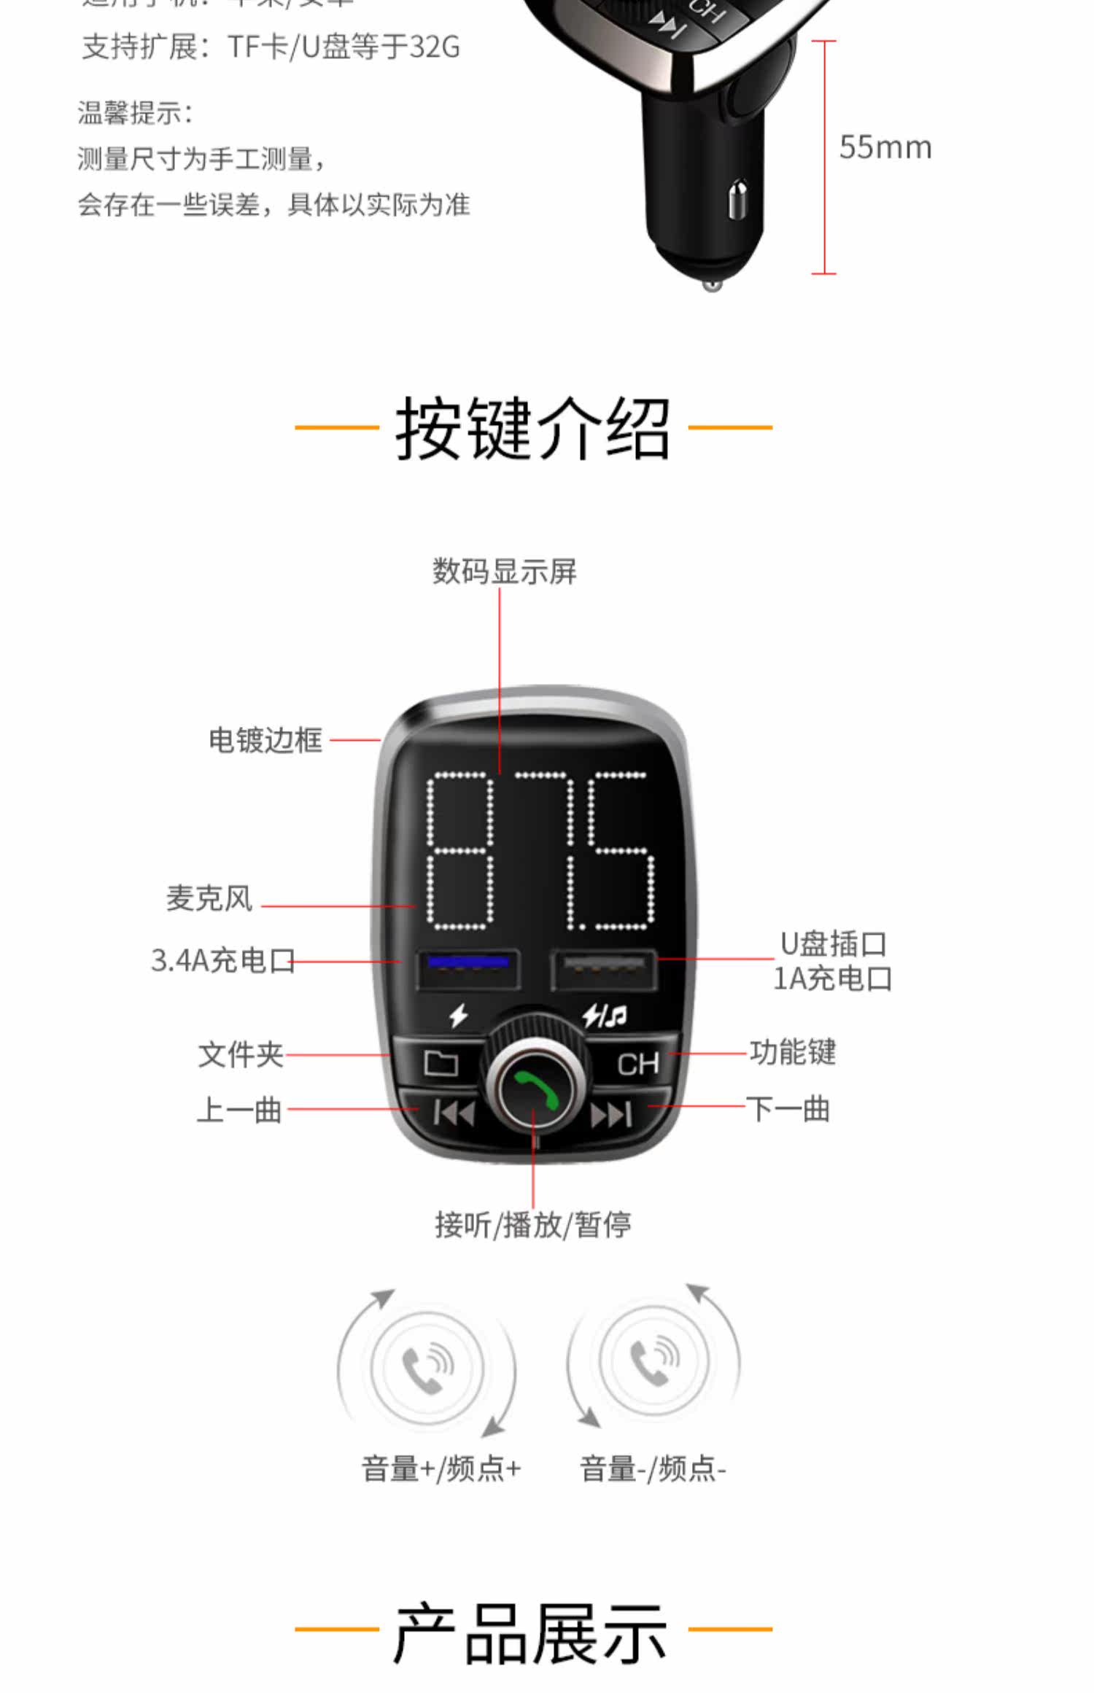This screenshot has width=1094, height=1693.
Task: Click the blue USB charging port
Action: point(468,969)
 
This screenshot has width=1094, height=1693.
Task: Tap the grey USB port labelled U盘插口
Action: point(604,970)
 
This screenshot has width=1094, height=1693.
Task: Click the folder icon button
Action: point(441,1064)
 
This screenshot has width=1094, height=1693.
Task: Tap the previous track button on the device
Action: point(454,1113)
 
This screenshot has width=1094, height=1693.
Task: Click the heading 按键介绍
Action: point(533,429)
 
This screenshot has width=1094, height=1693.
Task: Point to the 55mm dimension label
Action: point(885,148)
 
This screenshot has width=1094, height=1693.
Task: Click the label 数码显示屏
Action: point(504,572)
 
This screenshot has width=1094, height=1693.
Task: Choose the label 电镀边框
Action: point(265,740)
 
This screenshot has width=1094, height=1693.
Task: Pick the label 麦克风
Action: point(209,898)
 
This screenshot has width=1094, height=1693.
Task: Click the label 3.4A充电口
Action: point(223,961)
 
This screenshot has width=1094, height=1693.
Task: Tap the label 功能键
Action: point(793,1053)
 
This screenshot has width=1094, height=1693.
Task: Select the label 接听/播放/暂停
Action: point(533,1225)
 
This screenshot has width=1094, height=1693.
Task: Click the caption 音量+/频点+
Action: point(441,1468)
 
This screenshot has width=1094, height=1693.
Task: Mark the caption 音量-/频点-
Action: point(653,1468)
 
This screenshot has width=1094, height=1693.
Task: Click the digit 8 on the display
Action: point(460,850)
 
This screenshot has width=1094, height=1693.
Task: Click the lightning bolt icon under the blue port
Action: point(458,1015)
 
